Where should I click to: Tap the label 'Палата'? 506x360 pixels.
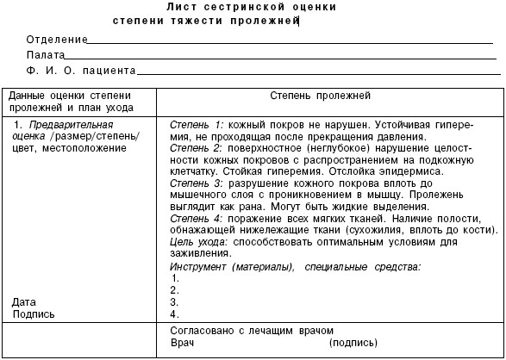[46, 55]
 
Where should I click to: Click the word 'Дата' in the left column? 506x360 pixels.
[24, 302]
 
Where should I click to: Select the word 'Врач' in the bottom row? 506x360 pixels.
[184, 343]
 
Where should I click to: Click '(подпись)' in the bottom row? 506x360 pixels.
[353, 343]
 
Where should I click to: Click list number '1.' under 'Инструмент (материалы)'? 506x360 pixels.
[175, 278]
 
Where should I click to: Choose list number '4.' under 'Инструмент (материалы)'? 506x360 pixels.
[175, 314]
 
